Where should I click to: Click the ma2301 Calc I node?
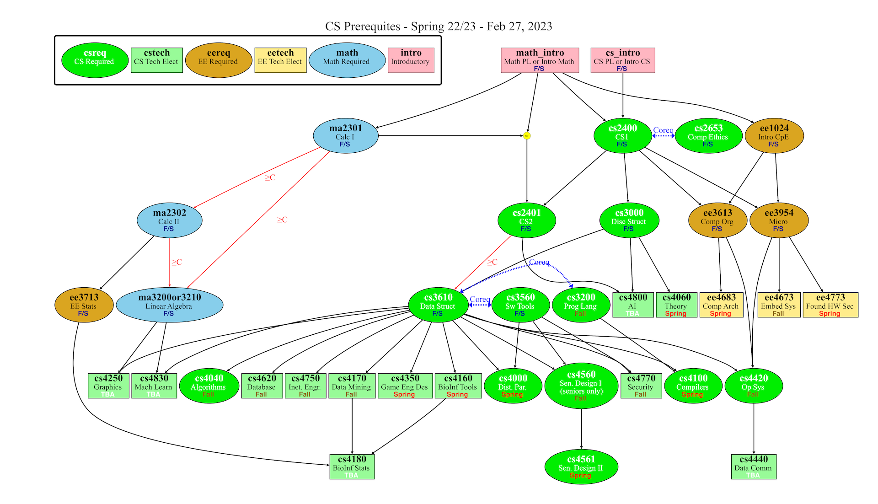pyautogui.click(x=346, y=136)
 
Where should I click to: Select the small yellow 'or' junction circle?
pyautogui.click(x=527, y=136)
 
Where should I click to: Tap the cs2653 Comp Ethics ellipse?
pyautogui.click(x=708, y=136)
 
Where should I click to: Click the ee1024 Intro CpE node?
pyautogui.click(x=774, y=136)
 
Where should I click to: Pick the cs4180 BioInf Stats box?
pyautogui.click(x=352, y=466)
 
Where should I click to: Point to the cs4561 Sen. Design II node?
pyautogui.click(x=581, y=466)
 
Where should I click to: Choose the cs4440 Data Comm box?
pyautogui.click(x=754, y=466)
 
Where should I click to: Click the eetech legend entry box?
pyautogui.click(x=280, y=60)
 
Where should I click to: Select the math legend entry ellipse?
pyautogui.click(x=347, y=60)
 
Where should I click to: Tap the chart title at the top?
pyautogui.click(x=439, y=27)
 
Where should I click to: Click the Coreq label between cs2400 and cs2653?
pyautogui.click(x=663, y=130)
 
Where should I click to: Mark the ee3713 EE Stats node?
pyautogui.click(x=84, y=305)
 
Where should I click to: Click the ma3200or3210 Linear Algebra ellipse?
pyautogui.click(x=170, y=305)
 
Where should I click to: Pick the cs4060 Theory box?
pyautogui.click(x=676, y=305)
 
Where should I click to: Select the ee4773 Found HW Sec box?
pyautogui.click(x=830, y=305)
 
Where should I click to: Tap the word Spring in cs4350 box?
pyautogui.click(x=404, y=394)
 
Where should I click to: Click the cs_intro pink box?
pyautogui.click(x=622, y=60)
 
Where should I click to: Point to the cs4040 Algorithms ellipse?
pyautogui.click(x=209, y=386)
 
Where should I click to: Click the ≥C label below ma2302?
pyautogui.click(x=177, y=262)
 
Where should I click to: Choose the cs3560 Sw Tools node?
pyautogui.click(x=520, y=305)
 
